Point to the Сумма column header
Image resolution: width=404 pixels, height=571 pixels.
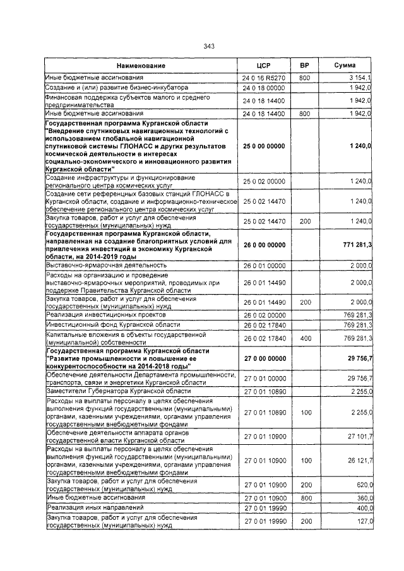345,66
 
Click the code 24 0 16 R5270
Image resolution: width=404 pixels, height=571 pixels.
264,78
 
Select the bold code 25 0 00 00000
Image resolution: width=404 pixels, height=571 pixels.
264,146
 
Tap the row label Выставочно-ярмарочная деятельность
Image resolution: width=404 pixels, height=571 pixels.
106,266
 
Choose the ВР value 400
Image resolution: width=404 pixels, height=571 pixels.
306,338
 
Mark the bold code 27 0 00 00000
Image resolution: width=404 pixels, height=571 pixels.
264,358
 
